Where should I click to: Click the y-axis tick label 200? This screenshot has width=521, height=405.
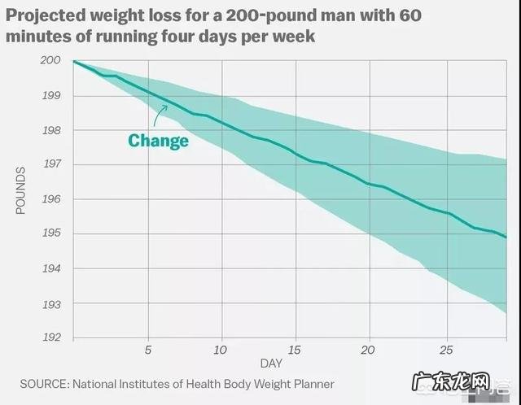50,61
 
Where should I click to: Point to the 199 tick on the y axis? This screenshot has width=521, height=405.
50,96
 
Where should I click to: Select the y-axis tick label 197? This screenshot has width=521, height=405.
50,165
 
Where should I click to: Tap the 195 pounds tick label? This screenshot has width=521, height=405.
50,234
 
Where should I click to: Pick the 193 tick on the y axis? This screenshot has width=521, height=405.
50,303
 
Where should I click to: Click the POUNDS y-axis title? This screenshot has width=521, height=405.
21,189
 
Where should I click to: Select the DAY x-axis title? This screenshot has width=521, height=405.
271,364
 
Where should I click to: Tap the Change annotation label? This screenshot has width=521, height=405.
158,141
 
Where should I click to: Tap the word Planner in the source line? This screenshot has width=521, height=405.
310,383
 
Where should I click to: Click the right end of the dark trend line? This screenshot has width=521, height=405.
506,237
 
